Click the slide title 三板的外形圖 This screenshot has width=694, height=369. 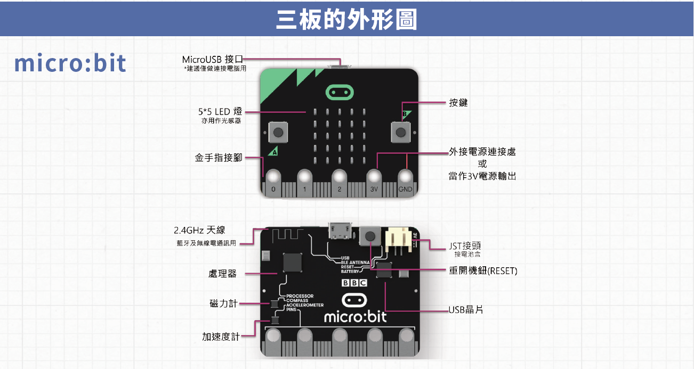pyautogui.click(x=346, y=19)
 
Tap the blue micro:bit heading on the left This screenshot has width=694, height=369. pyautogui.click(x=70, y=63)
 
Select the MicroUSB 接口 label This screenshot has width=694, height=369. pyautogui.click(x=212, y=59)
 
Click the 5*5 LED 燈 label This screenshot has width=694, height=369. pyautogui.click(x=220, y=111)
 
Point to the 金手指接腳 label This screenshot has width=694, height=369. pyautogui.click(x=218, y=158)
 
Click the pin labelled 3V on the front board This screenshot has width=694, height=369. pyautogui.click(x=374, y=189)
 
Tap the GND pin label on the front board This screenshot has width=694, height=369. pyautogui.click(x=406, y=189)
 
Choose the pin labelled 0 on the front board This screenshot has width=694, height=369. pyautogui.click(x=273, y=189)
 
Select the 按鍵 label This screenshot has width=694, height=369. pyautogui.click(x=458, y=103)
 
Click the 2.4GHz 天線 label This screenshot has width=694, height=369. pyautogui.click(x=199, y=230)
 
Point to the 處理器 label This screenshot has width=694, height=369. pyautogui.click(x=222, y=274)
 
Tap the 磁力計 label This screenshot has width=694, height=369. pyautogui.click(x=223, y=304)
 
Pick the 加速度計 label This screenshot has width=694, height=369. pyautogui.click(x=221, y=337)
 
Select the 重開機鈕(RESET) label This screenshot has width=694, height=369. pyautogui.click(x=483, y=270)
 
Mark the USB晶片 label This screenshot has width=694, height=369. pyautogui.click(x=466, y=309)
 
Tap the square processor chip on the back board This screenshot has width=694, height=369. pyautogui.click(x=292, y=262)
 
